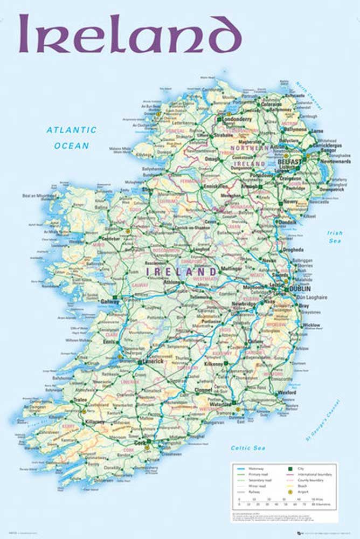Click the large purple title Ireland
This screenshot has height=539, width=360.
point(130,33)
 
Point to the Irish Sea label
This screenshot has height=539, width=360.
point(335,237)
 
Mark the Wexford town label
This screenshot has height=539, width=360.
point(287,393)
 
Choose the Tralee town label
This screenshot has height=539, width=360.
point(65,399)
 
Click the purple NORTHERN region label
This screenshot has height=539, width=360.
point(249,148)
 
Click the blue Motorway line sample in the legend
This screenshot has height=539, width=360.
point(241,470)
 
